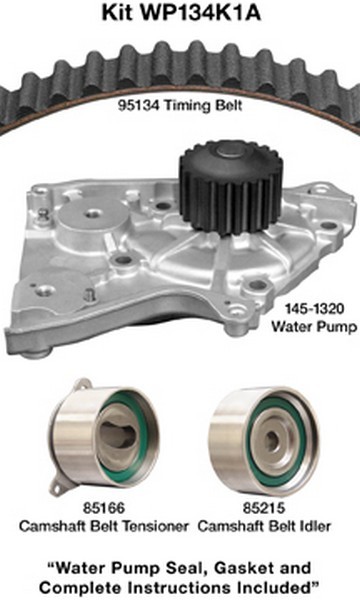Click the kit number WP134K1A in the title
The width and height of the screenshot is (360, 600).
coord(201,12)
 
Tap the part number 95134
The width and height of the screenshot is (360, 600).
coord(138,105)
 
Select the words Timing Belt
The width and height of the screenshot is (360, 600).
coord(203,105)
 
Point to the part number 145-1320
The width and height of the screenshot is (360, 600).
coord(314,308)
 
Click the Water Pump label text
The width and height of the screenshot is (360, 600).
coord(314,326)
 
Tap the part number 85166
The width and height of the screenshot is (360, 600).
coord(104,508)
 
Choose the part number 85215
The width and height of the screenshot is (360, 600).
coord(264,508)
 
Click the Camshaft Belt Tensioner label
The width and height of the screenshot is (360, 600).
coord(104,526)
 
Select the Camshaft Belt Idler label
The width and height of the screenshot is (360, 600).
coord(264,526)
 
